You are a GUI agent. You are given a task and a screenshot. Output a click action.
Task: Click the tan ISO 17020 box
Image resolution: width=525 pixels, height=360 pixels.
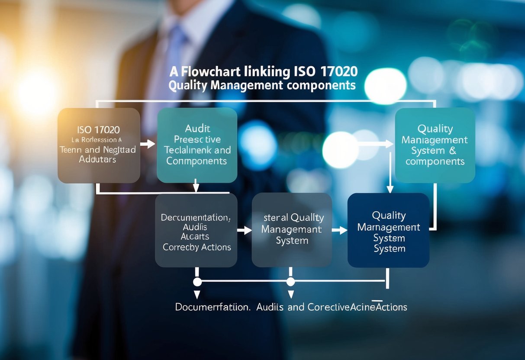click(99, 145)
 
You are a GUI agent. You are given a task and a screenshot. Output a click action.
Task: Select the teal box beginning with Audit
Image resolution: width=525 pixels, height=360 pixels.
click(197, 145)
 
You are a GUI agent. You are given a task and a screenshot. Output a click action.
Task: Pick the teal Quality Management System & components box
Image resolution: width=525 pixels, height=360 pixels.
click(435, 145)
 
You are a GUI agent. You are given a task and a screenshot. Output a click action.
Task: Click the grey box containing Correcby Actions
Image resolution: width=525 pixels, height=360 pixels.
click(196, 230)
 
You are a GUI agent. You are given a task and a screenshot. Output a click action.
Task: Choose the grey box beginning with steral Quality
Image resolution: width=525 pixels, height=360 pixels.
click(292, 230)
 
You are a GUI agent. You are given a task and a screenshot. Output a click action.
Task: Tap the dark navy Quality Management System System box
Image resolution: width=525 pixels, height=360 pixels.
click(388, 230)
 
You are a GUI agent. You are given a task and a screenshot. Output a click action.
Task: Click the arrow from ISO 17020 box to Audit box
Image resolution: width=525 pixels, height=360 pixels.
click(148, 144)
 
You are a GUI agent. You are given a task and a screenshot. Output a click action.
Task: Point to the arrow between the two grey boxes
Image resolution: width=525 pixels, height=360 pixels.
click(245, 231)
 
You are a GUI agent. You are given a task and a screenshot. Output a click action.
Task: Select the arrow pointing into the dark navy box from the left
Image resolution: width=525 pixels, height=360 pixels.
click(340, 231)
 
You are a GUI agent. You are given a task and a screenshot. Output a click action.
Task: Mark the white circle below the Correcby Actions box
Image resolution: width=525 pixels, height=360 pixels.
click(197, 282)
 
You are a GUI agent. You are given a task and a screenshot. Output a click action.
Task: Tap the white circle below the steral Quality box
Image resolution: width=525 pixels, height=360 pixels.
click(290, 282)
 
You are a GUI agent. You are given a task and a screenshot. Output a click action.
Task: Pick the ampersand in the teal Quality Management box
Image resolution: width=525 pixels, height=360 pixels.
click(453, 151)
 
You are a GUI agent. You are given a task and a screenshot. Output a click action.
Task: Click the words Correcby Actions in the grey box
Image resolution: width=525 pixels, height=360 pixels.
click(197, 247)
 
